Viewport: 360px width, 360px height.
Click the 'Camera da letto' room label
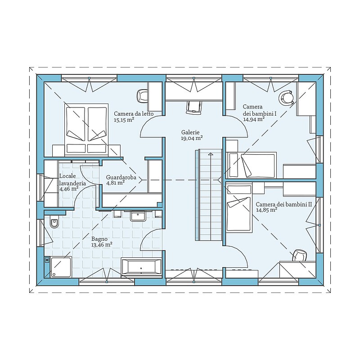134,114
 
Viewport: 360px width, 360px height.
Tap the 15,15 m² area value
124,120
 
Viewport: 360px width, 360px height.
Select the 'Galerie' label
190,132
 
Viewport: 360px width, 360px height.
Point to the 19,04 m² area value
192,138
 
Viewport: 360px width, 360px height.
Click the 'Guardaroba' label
121,177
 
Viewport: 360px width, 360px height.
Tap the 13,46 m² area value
102,245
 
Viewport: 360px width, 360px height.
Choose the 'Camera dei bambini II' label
284,204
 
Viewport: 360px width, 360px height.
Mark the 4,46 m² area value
69,189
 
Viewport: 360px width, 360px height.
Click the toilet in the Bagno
54,222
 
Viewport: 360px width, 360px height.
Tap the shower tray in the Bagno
61,267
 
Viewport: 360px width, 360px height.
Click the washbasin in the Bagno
138,216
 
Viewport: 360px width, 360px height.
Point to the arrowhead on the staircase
210,154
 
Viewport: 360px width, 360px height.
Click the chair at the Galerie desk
194,108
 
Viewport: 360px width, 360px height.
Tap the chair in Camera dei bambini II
300,256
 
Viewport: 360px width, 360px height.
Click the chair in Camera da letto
142,96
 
